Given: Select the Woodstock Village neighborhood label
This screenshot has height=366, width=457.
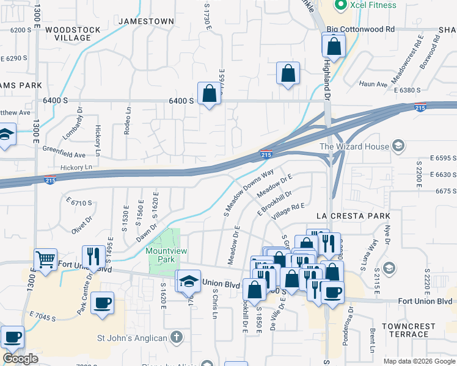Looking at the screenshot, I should click(x=68, y=34).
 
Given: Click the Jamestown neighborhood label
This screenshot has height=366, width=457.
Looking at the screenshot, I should click(x=146, y=21).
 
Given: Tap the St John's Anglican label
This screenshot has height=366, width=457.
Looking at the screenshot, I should click(x=133, y=337).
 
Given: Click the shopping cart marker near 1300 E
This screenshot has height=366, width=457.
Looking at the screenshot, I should click(x=45, y=260).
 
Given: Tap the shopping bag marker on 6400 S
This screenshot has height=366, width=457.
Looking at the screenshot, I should click(x=210, y=94).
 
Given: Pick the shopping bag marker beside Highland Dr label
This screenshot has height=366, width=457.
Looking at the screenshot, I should click(x=334, y=46).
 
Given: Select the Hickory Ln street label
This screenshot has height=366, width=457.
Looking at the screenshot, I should click(x=76, y=167).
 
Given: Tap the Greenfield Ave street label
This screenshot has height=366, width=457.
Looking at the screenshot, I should click(x=64, y=148).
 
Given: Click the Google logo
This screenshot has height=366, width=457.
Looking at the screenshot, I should click(x=21, y=359).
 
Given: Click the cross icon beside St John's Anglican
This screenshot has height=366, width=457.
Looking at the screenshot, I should click(x=176, y=337).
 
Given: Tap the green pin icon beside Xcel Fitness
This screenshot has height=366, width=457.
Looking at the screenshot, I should click(x=340, y=5).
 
